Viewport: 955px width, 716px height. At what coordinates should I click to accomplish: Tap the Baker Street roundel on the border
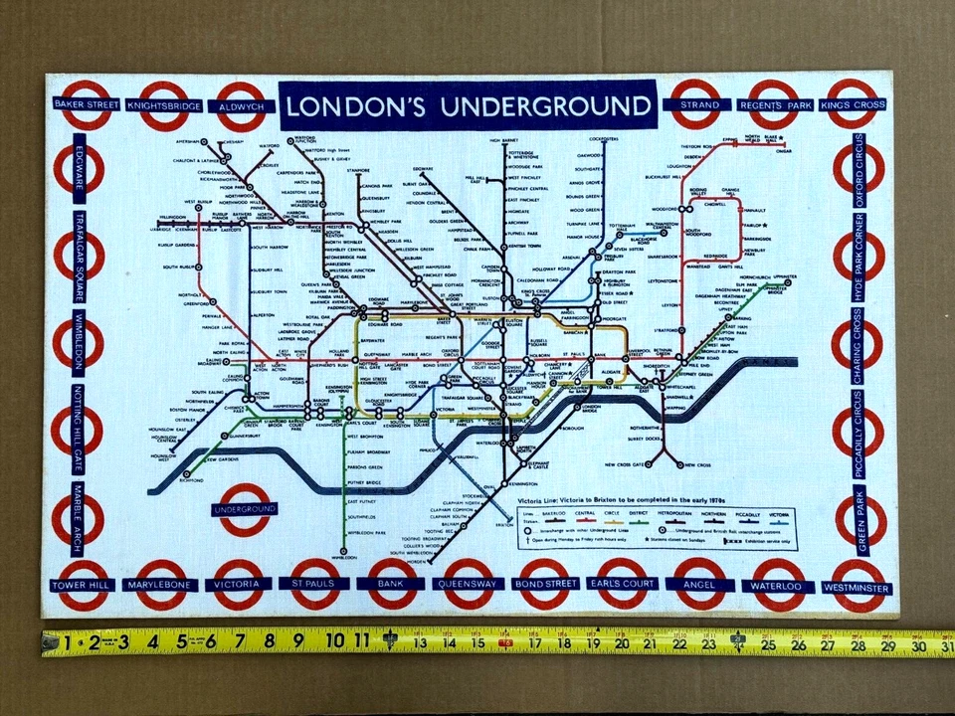(86, 104)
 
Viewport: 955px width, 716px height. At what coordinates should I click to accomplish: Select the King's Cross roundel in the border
(853, 103)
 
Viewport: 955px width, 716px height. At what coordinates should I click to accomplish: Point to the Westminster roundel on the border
(856, 585)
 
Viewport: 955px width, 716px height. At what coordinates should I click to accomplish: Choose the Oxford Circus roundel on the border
(859, 168)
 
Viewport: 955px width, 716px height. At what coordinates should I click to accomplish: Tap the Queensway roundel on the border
(469, 585)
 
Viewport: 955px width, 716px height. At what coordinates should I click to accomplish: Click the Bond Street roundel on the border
(545, 585)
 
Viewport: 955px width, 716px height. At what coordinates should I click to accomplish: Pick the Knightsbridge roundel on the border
(163, 104)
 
